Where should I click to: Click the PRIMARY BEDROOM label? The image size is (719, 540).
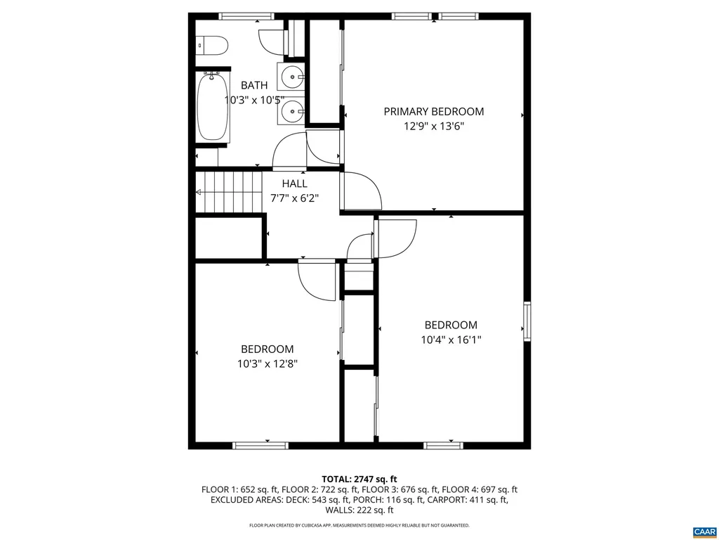433,111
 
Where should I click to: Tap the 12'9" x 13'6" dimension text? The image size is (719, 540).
433,127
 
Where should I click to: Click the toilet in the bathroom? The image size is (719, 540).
211,46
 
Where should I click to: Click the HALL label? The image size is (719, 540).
294,184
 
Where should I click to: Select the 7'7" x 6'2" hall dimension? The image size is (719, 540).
294,198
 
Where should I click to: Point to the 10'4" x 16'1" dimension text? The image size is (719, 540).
450,340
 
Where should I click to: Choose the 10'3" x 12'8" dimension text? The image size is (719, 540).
267,364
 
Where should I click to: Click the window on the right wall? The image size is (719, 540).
527,322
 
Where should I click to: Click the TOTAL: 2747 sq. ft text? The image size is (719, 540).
359,479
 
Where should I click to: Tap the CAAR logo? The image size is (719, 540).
703,530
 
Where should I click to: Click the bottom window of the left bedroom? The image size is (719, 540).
260,445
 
